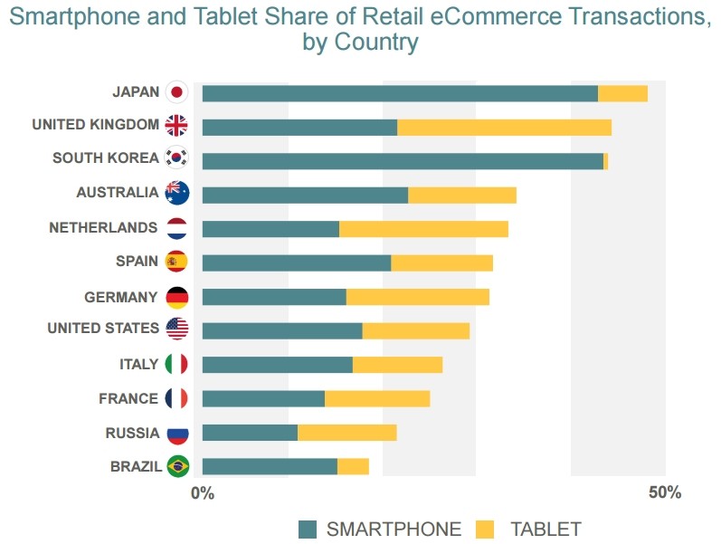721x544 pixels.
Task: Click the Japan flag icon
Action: [177, 92]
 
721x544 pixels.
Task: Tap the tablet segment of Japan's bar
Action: [622, 93]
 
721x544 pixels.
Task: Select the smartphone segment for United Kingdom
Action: [299, 127]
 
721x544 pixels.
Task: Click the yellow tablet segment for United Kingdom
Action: [504, 127]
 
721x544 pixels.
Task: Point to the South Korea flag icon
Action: [177, 158]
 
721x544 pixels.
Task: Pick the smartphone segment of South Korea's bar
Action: [403, 161]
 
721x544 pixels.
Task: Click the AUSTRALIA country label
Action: [117, 193]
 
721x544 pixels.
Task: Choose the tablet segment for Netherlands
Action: [423, 229]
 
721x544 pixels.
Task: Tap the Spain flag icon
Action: [177, 262]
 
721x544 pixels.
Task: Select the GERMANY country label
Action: [121, 297]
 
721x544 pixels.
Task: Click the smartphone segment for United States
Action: [282, 330]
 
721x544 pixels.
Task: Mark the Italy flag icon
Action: [177, 364]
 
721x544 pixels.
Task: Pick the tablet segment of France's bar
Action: [377, 398]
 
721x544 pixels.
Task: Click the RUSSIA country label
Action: [132, 434]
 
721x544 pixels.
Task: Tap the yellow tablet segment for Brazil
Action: [353, 466]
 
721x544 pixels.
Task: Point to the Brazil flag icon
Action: [177, 466]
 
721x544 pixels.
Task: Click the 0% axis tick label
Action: [203, 493]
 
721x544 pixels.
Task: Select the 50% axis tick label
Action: [665, 493]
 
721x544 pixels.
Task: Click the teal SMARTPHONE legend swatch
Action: [308, 530]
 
